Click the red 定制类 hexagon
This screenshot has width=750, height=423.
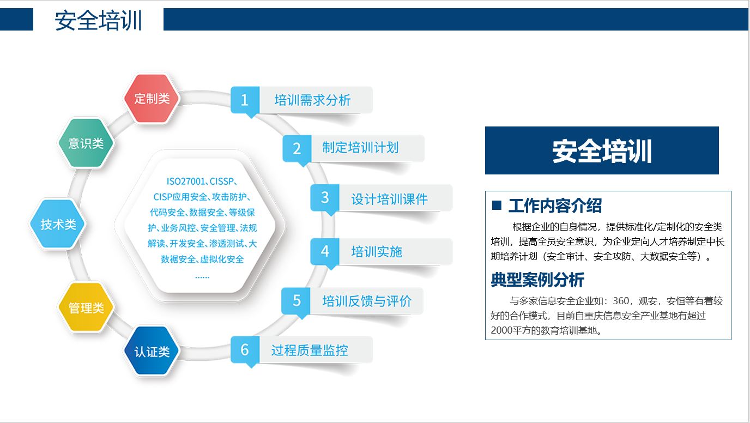tap(152, 99)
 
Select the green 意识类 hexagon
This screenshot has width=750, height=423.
tap(86, 143)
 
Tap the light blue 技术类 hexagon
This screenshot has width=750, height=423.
tap(58, 224)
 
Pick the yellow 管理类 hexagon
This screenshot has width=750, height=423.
tap(86, 307)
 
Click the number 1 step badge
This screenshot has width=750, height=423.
tap(245, 100)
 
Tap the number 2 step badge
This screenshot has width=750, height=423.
tap(297, 149)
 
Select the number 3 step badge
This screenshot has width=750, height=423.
tap(325, 198)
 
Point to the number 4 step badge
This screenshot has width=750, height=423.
tap(325, 251)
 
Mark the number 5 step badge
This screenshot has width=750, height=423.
tap(297, 301)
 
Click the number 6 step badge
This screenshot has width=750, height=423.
tap(245, 350)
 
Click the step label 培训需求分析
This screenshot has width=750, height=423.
tap(312, 100)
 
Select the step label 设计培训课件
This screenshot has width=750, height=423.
tap(389, 200)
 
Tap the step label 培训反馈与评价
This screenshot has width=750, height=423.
tap(367, 301)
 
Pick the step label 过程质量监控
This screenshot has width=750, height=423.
tap(310, 351)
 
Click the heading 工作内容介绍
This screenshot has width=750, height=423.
tap(555, 206)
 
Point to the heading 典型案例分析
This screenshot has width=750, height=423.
tap(538, 280)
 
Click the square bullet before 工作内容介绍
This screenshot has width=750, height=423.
tap(497, 206)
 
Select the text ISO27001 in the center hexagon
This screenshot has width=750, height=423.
tap(186, 182)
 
